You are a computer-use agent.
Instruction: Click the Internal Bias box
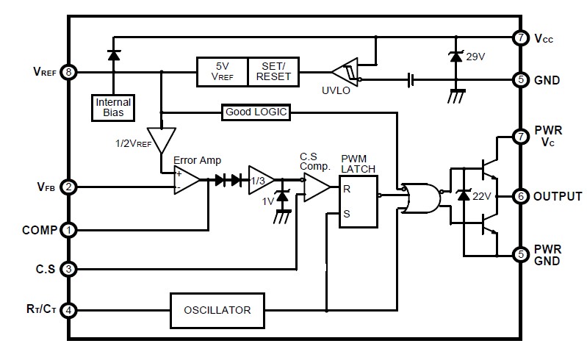(x=112, y=108)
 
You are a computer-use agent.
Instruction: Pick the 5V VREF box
(x=222, y=72)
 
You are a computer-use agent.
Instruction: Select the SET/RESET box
(x=273, y=72)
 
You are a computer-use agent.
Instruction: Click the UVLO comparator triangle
(x=343, y=73)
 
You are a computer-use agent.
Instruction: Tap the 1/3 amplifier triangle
(x=260, y=181)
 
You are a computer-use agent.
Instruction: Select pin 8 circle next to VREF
(x=68, y=72)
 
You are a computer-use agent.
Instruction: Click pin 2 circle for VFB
(x=68, y=187)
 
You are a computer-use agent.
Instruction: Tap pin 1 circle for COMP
(x=68, y=230)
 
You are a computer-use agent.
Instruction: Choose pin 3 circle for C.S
(x=68, y=269)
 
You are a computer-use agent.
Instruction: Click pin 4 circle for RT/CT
(x=68, y=310)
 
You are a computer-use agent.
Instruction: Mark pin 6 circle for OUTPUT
(x=521, y=196)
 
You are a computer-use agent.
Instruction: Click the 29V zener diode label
(x=477, y=57)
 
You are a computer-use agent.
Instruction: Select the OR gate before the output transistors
(x=422, y=197)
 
